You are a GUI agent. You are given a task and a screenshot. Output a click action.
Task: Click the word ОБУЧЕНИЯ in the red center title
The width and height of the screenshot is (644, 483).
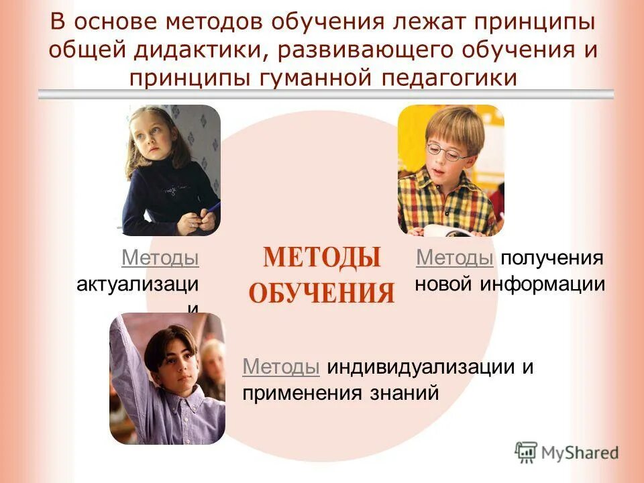coord(321,293)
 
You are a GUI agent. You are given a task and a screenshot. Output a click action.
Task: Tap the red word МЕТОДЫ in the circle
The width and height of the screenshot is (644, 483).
coord(321,258)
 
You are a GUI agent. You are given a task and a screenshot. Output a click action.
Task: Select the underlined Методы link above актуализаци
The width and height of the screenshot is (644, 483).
coord(160,258)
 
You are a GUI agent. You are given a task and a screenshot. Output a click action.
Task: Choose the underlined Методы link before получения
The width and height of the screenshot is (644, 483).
coord(455,258)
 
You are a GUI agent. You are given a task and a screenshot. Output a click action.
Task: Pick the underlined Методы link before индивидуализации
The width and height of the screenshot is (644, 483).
coord(280,367)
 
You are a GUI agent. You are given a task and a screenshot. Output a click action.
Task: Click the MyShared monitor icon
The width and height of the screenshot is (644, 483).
coord(527,452)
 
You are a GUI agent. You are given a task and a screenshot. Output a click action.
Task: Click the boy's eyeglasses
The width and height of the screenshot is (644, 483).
coord(448,152)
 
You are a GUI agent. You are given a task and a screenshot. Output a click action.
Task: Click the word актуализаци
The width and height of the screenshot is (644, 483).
coord(138,284)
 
